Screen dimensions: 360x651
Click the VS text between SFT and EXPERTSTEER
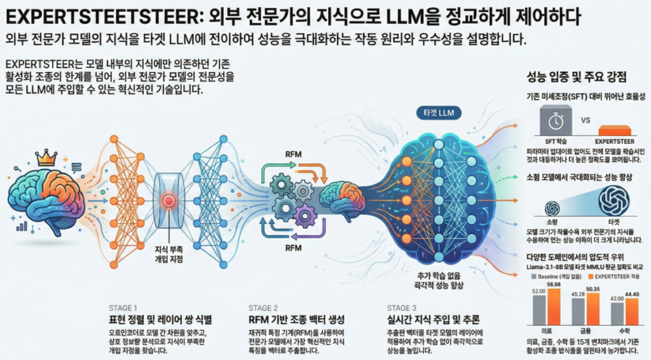586,119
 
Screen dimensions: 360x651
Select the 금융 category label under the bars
585,331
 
